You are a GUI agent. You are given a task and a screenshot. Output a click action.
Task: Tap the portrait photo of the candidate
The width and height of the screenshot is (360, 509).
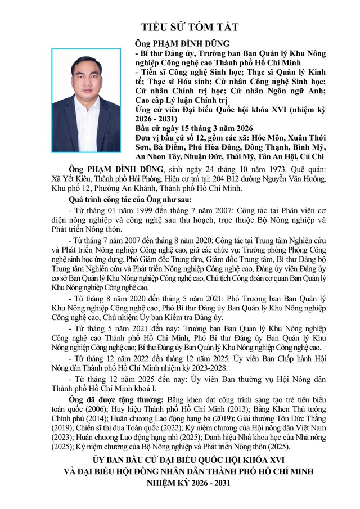86,99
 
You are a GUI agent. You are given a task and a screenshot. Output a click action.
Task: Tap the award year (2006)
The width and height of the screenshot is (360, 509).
99,408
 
